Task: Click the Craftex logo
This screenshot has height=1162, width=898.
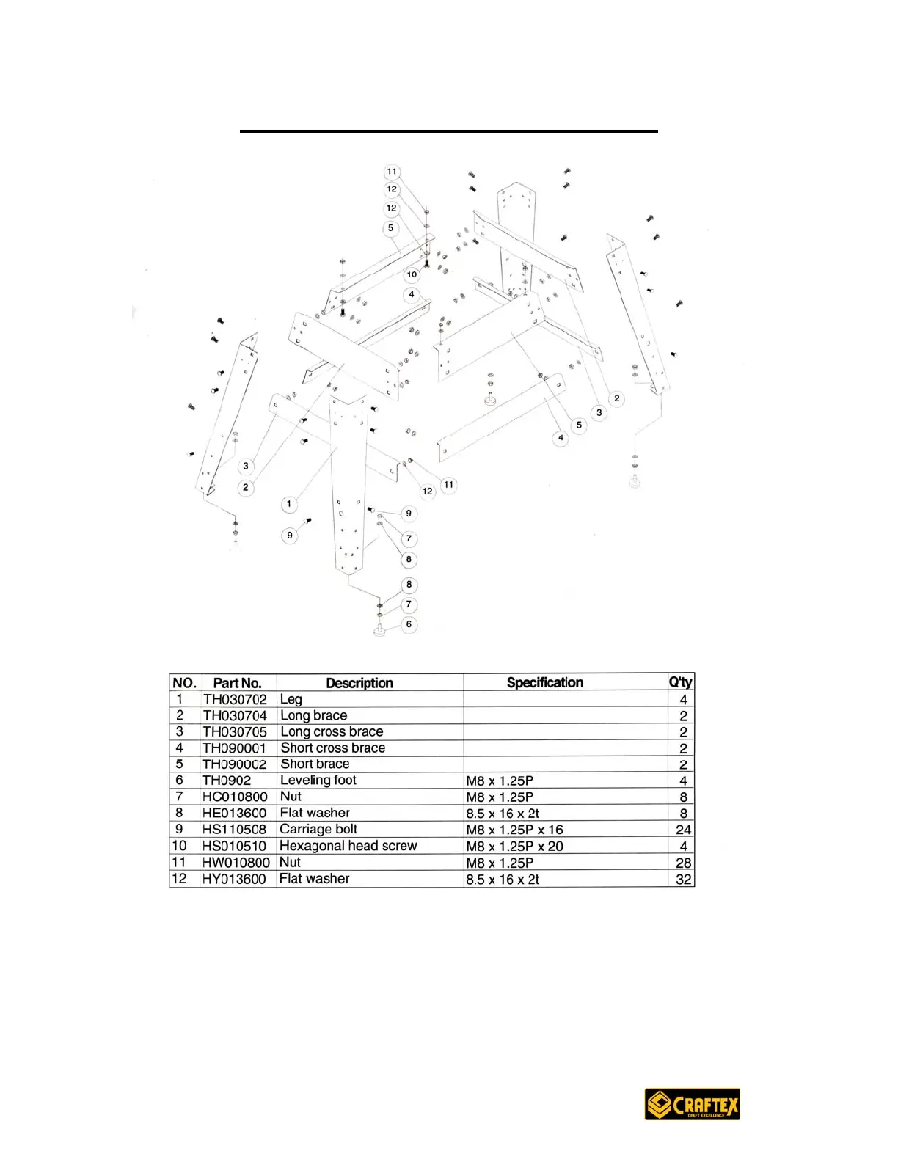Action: [692, 1103]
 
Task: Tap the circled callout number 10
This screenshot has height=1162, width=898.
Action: [412, 274]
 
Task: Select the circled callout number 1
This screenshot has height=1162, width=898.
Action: [289, 504]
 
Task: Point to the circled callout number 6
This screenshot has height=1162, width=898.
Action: [409, 624]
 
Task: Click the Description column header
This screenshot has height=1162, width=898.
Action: [359, 683]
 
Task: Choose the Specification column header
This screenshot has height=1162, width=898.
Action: [544, 682]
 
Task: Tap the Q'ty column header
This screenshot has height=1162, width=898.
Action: [680, 682]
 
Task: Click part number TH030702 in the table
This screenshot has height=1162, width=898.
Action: [235, 700]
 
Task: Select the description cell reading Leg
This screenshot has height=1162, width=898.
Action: [291, 700]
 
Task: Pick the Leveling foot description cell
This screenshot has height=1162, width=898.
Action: [318, 781]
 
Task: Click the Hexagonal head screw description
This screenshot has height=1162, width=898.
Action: [348, 846]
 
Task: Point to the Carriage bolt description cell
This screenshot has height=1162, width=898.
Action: [318, 829]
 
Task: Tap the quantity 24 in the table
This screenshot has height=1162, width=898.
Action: [683, 830]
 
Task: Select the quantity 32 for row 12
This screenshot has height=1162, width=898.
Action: [683, 880]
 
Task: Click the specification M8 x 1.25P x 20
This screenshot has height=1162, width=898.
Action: [514, 847]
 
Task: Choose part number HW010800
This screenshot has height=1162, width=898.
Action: [236, 863]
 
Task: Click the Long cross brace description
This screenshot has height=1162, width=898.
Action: [332, 732]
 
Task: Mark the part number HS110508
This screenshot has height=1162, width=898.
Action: [234, 830]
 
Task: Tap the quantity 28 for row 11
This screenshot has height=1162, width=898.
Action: [683, 863]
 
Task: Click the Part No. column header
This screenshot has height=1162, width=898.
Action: [237, 683]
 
